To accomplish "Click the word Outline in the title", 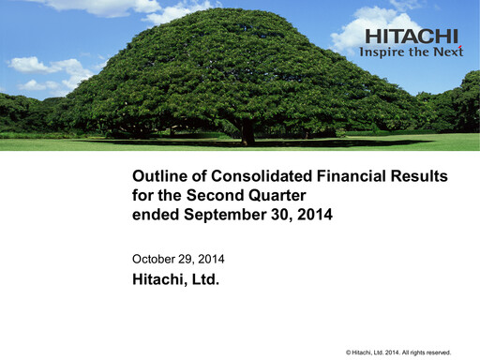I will click(x=159, y=176).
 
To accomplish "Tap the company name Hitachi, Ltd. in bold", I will click(x=175, y=278).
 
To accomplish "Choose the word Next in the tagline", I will click(x=448, y=52).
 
